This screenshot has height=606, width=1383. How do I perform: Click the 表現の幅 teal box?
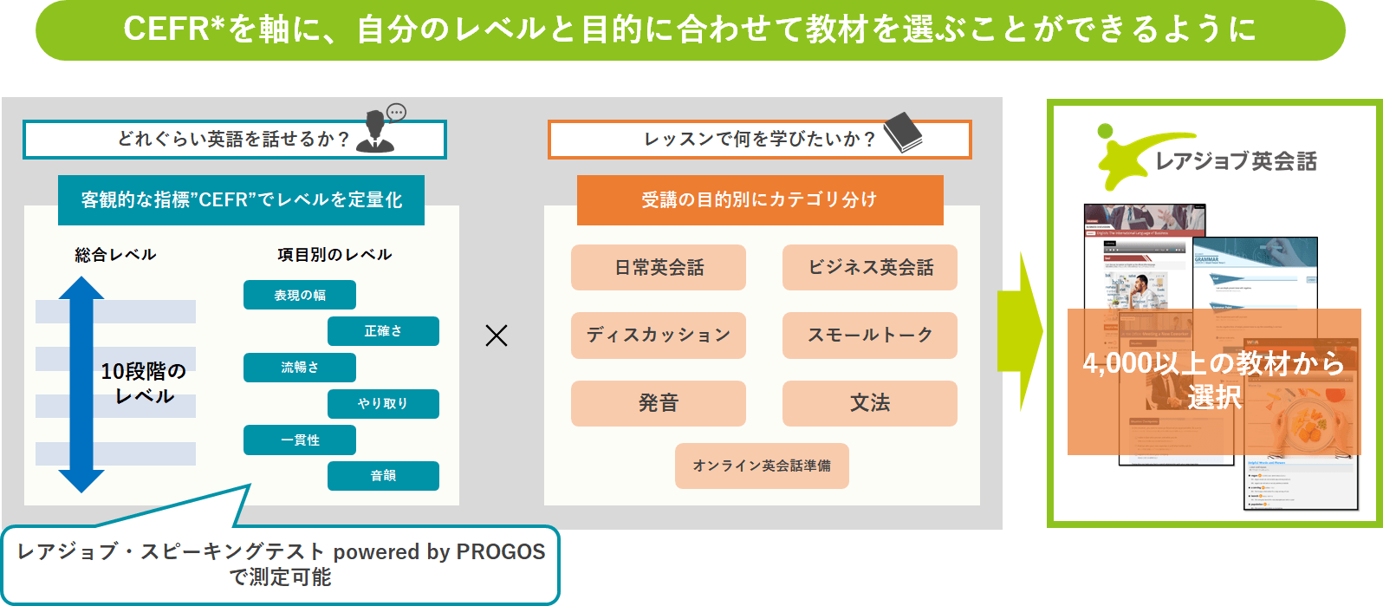tap(300, 295)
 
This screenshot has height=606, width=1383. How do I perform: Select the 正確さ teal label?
tap(383, 331)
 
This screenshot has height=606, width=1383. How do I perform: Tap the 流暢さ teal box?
tap(300, 368)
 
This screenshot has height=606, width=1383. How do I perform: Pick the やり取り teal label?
tap(383, 404)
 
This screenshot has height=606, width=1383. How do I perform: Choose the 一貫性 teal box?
tap(300, 440)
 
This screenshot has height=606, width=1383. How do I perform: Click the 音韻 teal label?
tap(383, 476)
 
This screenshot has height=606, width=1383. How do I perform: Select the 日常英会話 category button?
tap(659, 267)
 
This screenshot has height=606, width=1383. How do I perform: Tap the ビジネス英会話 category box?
tap(870, 267)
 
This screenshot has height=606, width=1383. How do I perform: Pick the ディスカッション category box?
tap(659, 336)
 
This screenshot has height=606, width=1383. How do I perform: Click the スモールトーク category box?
tap(870, 336)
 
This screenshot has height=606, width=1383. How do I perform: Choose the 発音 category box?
tap(659, 403)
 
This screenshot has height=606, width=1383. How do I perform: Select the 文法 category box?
tap(870, 403)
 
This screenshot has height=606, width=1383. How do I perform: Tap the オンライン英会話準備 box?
tap(762, 466)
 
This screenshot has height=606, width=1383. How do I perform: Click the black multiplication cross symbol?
tap(497, 336)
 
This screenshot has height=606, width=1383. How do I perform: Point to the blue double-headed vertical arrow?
tap(81, 384)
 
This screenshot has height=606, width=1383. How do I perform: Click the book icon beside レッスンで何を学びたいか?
tap(903, 132)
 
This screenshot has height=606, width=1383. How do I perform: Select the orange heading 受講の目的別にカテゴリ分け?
tap(760, 199)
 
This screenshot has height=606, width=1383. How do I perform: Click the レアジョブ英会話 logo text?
tap(1236, 161)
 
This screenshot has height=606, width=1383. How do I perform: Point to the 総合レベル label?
tap(115, 255)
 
